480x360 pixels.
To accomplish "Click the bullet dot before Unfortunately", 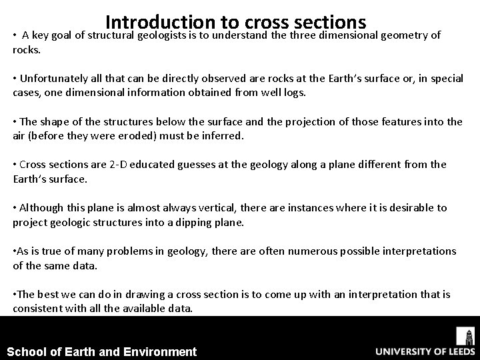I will [15, 79].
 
